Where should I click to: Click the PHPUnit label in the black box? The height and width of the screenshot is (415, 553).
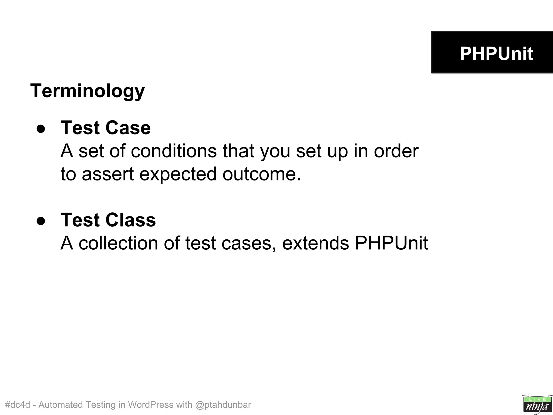(496, 53)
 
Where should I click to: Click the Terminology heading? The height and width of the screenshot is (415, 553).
(87, 91)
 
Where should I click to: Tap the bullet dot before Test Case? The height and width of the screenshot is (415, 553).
(41, 129)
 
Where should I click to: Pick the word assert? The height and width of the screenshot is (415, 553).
(108, 174)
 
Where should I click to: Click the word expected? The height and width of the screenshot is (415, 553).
(178, 175)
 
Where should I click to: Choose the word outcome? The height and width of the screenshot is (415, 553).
(261, 174)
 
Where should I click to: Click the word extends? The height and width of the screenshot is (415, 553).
(315, 243)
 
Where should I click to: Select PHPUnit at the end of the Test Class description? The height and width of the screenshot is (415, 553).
(391, 243)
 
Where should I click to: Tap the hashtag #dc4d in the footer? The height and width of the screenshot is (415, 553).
(18, 404)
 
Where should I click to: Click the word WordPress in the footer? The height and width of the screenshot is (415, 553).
(151, 404)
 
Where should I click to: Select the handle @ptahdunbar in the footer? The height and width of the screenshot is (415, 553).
(223, 405)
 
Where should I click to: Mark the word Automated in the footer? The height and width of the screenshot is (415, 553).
(60, 404)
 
